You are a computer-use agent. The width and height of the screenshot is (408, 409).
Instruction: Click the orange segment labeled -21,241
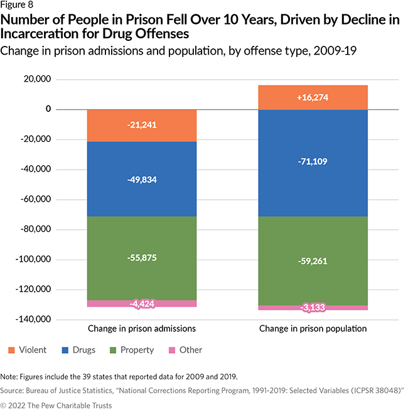[x=141, y=125]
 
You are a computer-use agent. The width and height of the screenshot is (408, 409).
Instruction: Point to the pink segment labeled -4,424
[x=141, y=303]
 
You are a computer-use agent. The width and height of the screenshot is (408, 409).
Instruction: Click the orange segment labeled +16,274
[x=312, y=97]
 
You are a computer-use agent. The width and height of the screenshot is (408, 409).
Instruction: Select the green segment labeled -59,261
[x=312, y=261]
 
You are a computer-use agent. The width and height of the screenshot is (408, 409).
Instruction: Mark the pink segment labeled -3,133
[x=312, y=307]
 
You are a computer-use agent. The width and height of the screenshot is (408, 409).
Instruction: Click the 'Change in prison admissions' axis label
[x=141, y=329]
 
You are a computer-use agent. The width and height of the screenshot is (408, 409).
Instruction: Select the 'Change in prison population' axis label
[x=312, y=329]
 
